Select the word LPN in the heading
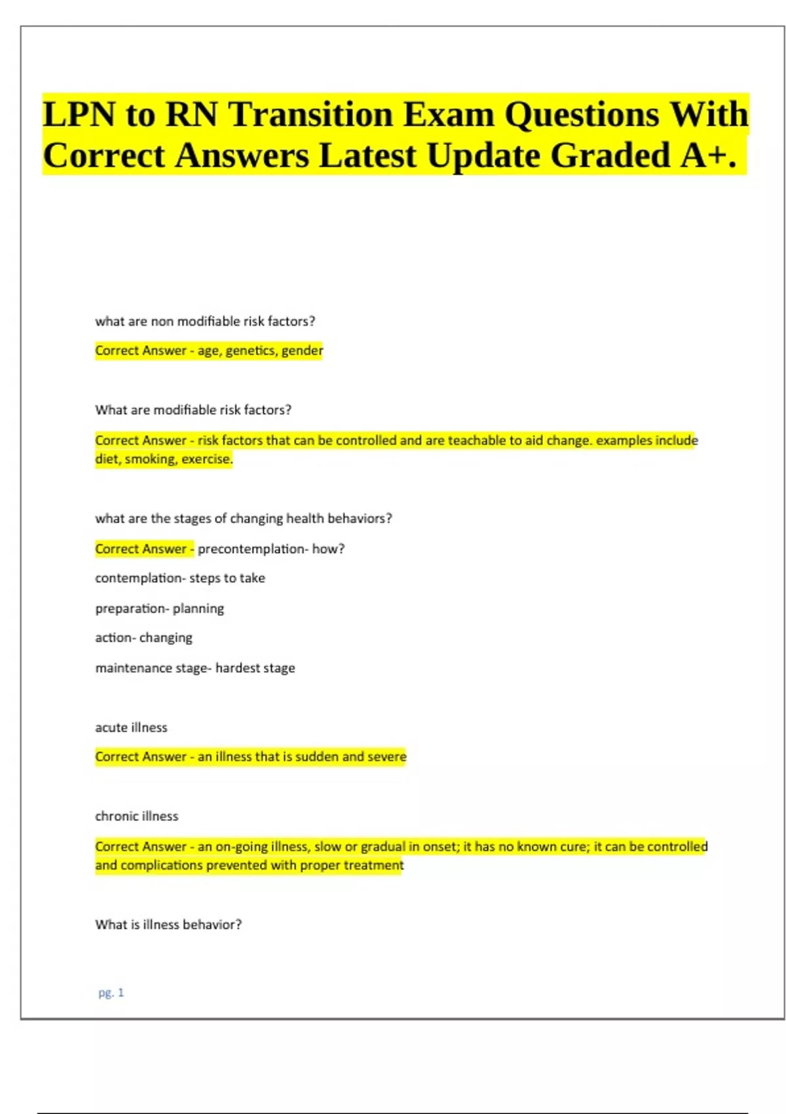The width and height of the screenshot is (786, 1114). (79, 115)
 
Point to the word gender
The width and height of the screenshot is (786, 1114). (302, 351)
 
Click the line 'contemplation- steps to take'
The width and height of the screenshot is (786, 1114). (180, 578)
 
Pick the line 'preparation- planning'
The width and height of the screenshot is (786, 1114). (159, 608)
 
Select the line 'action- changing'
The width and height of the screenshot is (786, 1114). (143, 638)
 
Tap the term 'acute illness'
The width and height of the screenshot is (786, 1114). (131, 727)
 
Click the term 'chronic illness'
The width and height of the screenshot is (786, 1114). (136, 816)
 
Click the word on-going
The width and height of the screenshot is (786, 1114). (242, 847)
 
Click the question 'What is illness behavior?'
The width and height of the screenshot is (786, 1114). (168, 925)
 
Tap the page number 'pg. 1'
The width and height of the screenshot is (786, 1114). (111, 993)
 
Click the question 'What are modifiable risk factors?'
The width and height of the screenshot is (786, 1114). (193, 410)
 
